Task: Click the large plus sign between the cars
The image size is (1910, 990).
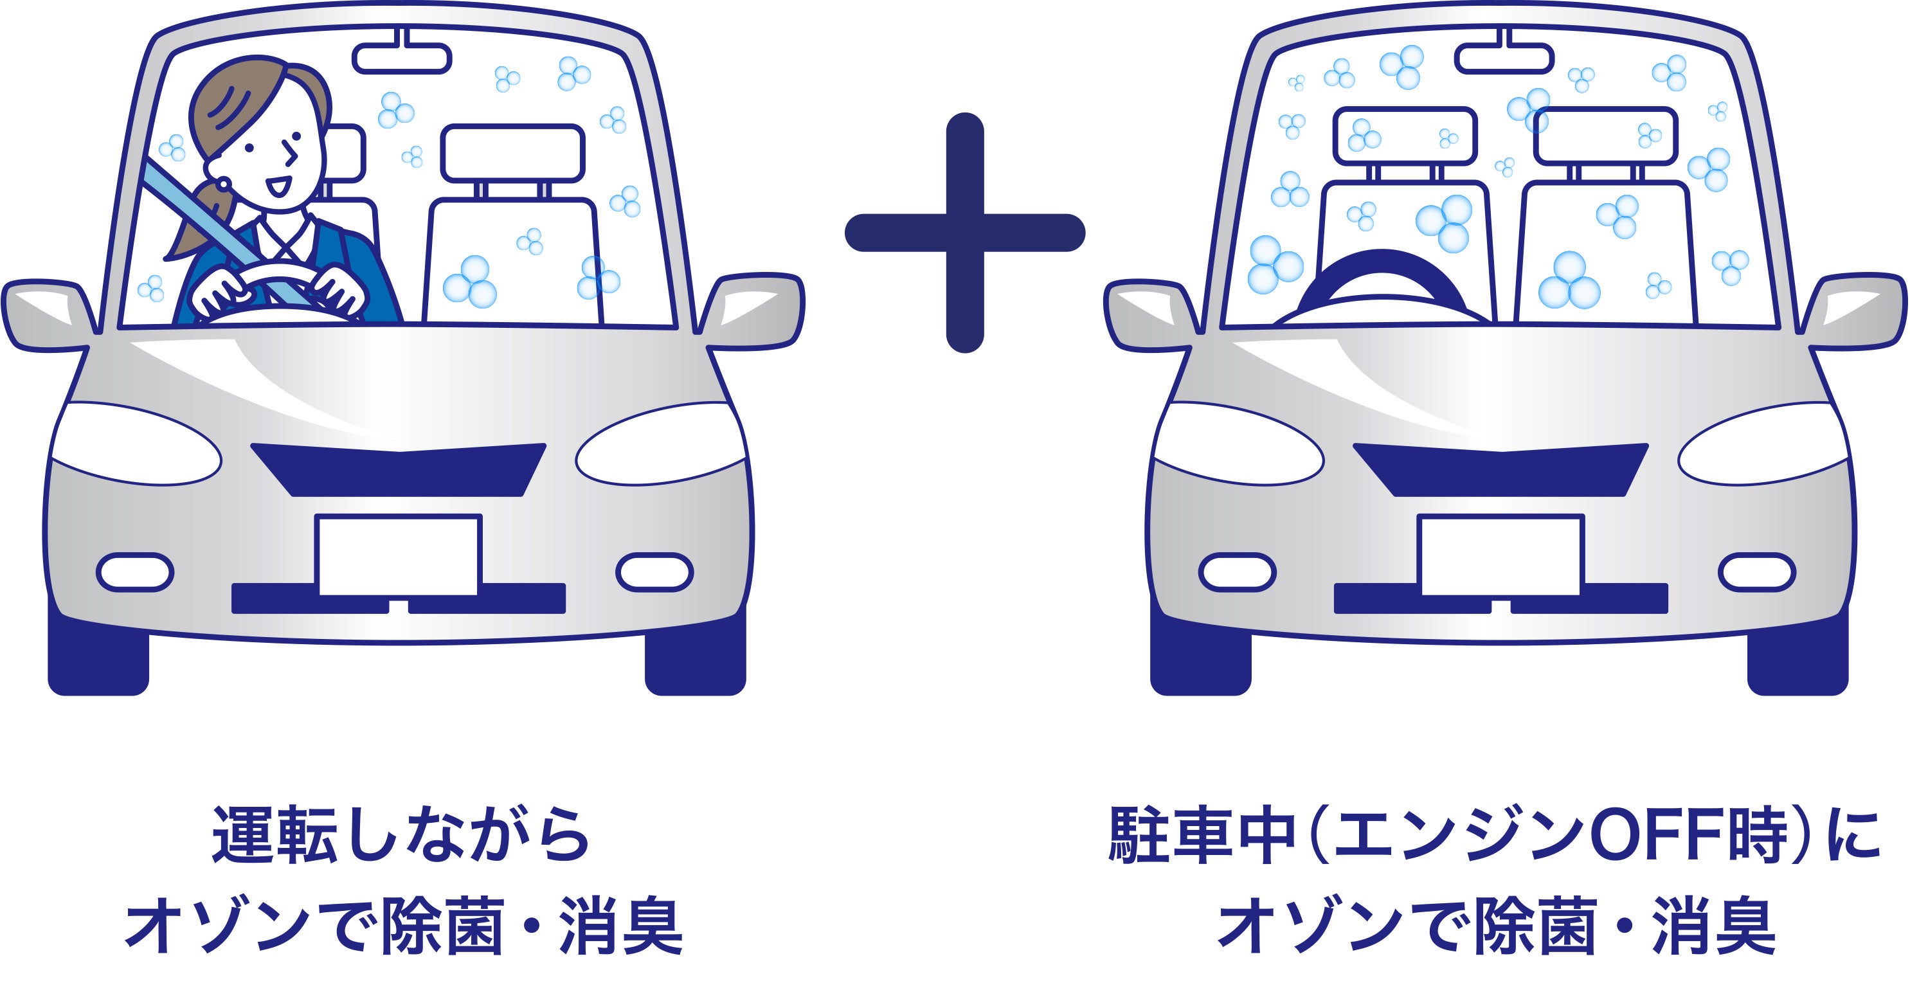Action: tap(964, 232)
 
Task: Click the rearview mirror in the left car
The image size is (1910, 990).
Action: tap(402, 57)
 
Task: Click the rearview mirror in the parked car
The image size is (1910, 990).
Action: tap(1504, 57)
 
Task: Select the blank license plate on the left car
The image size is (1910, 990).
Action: tap(399, 555)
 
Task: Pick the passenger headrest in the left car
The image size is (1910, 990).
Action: tap(512, 152)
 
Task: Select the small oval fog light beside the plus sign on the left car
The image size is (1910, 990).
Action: tap(654, 571)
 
